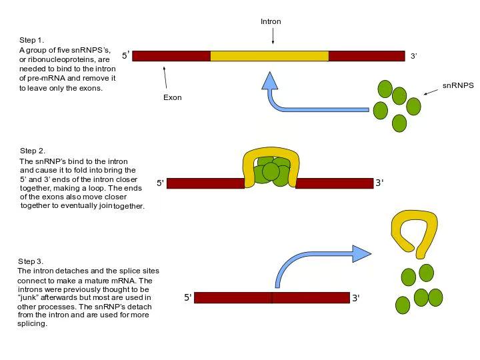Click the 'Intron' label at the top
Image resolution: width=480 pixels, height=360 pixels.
coord(271,22)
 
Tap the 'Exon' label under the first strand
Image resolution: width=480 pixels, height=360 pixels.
coord(172,97)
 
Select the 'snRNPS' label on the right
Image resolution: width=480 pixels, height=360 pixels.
coord(458,86)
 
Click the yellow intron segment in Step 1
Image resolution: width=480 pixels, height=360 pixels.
coord(269,56)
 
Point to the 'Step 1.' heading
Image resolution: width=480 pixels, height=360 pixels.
coord(32,40)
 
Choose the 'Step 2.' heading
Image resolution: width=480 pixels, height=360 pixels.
coord(33,151)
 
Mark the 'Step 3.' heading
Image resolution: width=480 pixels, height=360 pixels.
coord(31,261)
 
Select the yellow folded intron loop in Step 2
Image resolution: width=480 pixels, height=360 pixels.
coord(270,158)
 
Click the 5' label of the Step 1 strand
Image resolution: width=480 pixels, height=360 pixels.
coord(125,56)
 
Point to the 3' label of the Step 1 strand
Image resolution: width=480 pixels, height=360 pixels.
coord(413,57)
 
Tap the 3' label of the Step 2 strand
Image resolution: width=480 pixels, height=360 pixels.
coord(379,183)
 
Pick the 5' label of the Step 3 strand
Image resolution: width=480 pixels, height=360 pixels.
coord(187,298)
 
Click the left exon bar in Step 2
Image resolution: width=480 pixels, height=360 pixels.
coord(205,183)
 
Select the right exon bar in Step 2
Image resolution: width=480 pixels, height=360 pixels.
coord(334,183)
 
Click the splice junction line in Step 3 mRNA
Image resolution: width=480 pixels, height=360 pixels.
coord(272,298)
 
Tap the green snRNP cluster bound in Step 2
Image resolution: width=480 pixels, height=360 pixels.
coord(271,173)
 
